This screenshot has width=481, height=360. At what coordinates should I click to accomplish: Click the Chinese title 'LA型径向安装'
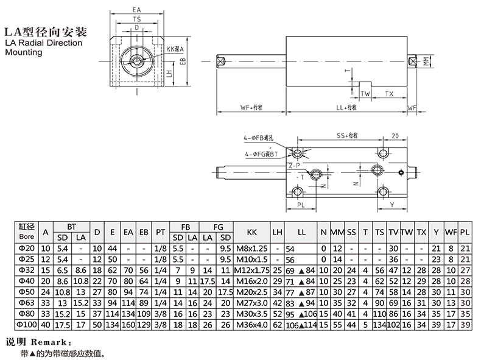click(43, 31)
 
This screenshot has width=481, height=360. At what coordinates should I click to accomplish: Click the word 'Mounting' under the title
click(24, 52)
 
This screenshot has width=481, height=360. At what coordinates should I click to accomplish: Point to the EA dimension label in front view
click(137, 10)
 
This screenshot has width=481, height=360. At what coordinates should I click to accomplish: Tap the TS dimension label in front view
click(137, 19)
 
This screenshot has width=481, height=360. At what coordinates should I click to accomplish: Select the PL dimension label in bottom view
click(301, 205)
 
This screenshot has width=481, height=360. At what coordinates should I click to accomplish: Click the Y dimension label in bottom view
click(391, 205)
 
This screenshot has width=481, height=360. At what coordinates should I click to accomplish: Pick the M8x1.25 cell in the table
click(252, 249)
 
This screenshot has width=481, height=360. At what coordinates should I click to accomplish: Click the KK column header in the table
click(252, 232)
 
